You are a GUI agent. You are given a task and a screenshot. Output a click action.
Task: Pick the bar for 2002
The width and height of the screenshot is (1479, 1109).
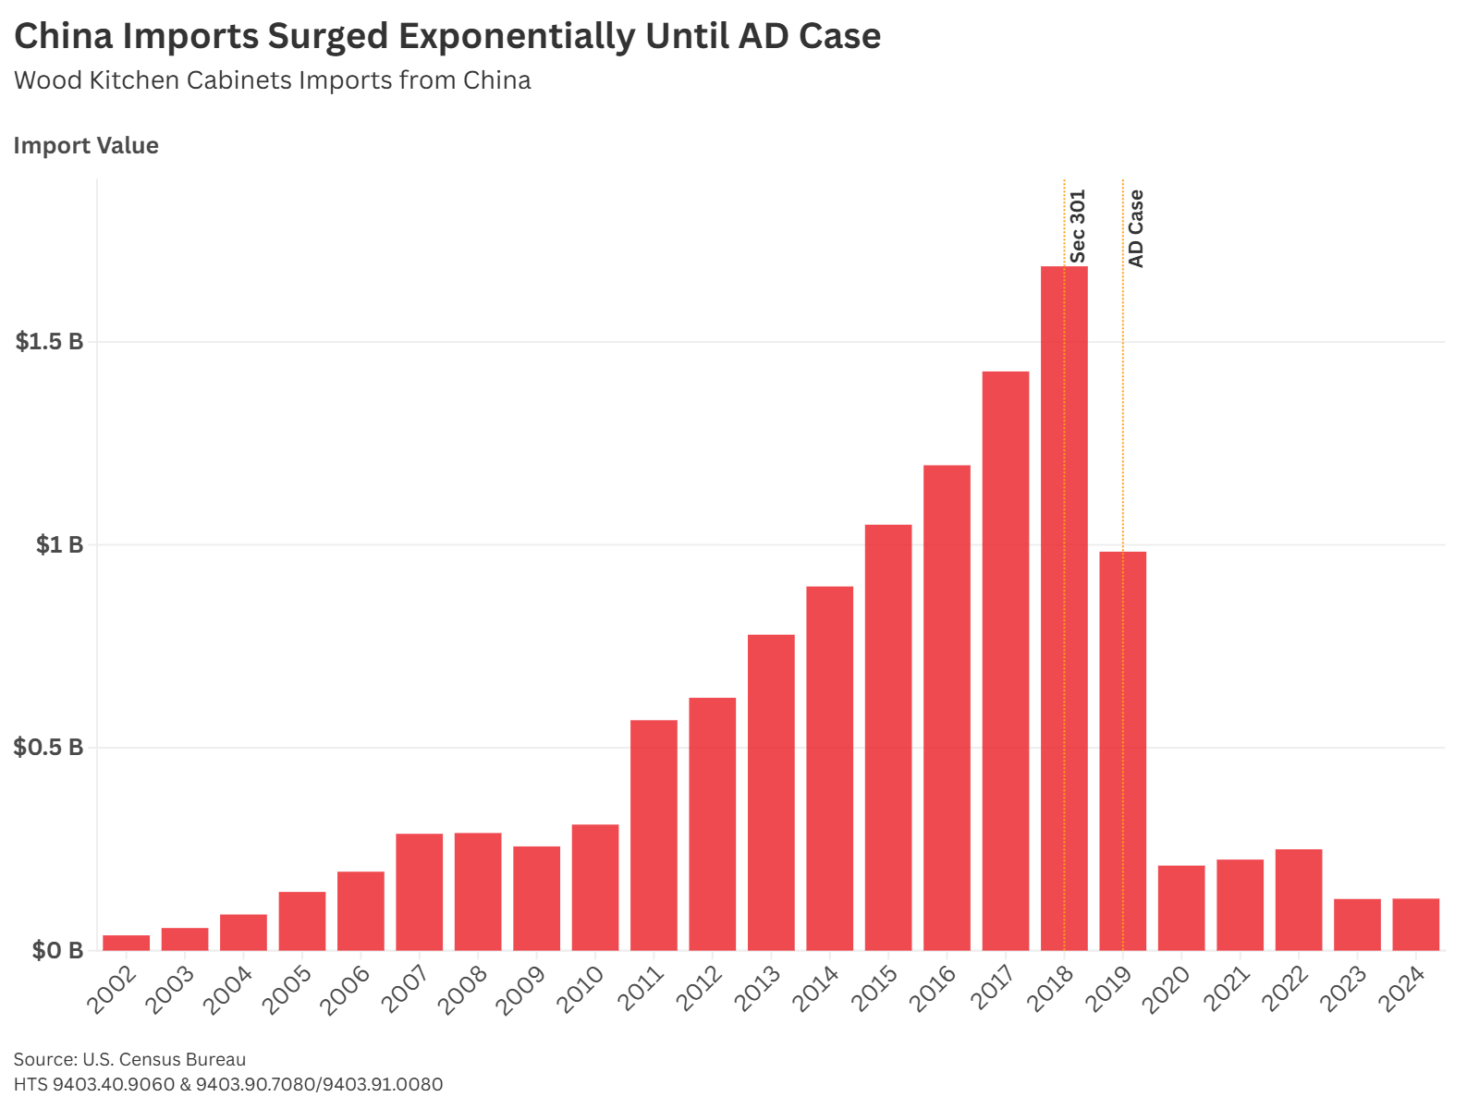(126, 943)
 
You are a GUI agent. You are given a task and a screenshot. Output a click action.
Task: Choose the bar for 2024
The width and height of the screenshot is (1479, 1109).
(1415, 924)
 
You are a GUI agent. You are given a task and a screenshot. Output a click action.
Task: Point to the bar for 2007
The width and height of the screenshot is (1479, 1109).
(419, 892)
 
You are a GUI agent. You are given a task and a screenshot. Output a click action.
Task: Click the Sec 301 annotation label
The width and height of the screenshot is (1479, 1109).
(1078, 226)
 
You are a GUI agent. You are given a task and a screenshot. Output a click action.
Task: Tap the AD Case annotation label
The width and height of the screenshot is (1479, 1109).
(1136, 228)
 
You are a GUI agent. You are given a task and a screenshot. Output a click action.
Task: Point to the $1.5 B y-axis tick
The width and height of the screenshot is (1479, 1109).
(49, 342)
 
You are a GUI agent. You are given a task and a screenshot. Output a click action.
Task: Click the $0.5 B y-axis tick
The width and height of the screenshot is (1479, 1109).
(49, 748)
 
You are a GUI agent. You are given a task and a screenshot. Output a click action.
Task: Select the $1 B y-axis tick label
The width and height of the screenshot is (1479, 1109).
(59, 545)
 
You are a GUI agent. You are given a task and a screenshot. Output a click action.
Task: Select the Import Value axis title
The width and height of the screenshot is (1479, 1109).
(86, 146)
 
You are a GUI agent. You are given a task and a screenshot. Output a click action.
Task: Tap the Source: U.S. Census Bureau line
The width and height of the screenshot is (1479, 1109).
(129, 1059)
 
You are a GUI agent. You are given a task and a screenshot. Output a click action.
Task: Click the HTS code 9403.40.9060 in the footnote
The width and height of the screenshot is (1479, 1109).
(114, 1084)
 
